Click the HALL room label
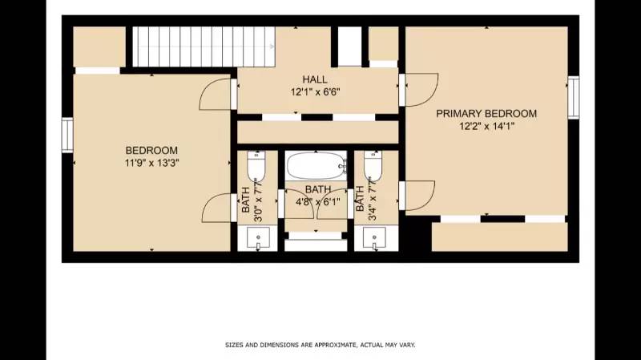click(314, 79)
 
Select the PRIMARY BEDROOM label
click(486, 113)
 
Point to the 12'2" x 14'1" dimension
click(486, 126)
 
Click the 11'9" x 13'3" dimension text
click(151, 163)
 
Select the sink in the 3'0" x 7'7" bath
click(257, 238)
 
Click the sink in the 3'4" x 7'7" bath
click(374, 238)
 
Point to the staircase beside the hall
click(204, 47)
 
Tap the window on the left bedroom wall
click(68, 134)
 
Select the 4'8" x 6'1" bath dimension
click(316, 202)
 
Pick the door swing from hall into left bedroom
click(216, 95)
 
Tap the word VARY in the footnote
click(406, 346)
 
